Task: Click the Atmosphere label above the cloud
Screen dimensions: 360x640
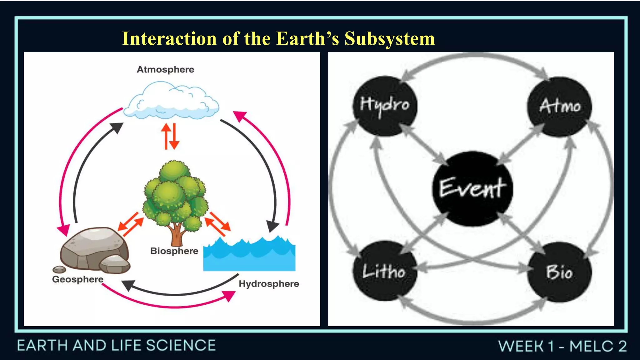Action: pos(165,69)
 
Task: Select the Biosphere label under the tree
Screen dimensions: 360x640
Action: pos(174,251)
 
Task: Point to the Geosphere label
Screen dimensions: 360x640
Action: pos(77,279)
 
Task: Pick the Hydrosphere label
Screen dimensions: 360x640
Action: pos(269,284)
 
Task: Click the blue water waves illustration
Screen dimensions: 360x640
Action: pos(249,255)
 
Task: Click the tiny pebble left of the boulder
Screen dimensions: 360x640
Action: pos(59,269)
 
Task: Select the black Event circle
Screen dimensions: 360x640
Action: pos(472,188)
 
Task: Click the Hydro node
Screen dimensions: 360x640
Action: pos(385,106)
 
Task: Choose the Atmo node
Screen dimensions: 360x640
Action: pos(559,106)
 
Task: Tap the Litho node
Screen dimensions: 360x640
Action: pos(384,271)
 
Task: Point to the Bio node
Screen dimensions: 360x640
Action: pos(559,272)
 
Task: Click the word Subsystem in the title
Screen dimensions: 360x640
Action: pos(389,39)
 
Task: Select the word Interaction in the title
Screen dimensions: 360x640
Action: pos(169,39)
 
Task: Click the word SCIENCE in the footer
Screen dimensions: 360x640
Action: pos(181,346)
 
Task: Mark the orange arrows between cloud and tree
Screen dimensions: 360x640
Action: pos(170,136)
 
